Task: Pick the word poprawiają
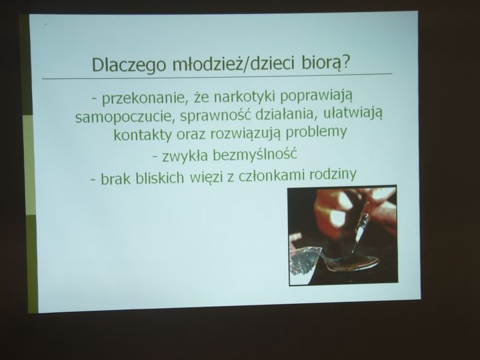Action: coord(316,97)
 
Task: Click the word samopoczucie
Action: coord(124,117)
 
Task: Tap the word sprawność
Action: coord(215,115)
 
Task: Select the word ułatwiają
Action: coord(353,114)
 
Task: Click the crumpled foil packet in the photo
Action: coord(305,259)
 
